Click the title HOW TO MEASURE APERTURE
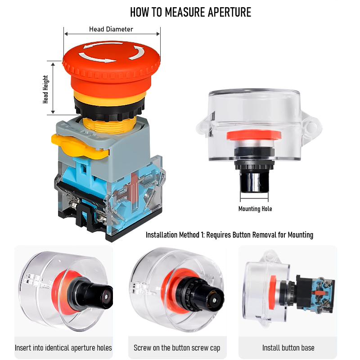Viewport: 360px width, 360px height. pyautogui.click(x=190, y=12)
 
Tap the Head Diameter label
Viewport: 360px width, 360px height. pyautogui.click(x=111, y=29)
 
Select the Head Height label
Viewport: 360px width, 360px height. pyautogui.click(x=45, y=89)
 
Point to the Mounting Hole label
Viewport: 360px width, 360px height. pyautogui.click(x=255, y=209)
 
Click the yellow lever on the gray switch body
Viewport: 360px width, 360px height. pyautogui.click(x=79, y=145)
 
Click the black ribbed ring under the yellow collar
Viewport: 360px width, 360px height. pyautogui.click(x=109, y=109)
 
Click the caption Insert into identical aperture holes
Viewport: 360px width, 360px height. pyautogui.click(x=63, y=348)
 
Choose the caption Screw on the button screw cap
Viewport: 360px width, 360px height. pyautogui.click(x=177, y=348)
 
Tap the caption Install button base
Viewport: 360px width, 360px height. pyautogui.click(x=288, y=348)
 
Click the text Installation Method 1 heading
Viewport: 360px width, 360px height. pyautogui.click(x=229, y=235)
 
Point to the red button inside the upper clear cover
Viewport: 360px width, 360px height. pyautogui.click(x=254, y=135)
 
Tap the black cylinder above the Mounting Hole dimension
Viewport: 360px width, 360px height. pyautogui.click(x=254, y=183)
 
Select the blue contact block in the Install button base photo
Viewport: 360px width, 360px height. pyautogui.click(x=321, y=294)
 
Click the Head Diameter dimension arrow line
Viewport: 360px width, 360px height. pyautogui.click(x=112, y=34)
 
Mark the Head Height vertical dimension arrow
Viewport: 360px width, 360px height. pyautogui.click(x=53, y=88)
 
